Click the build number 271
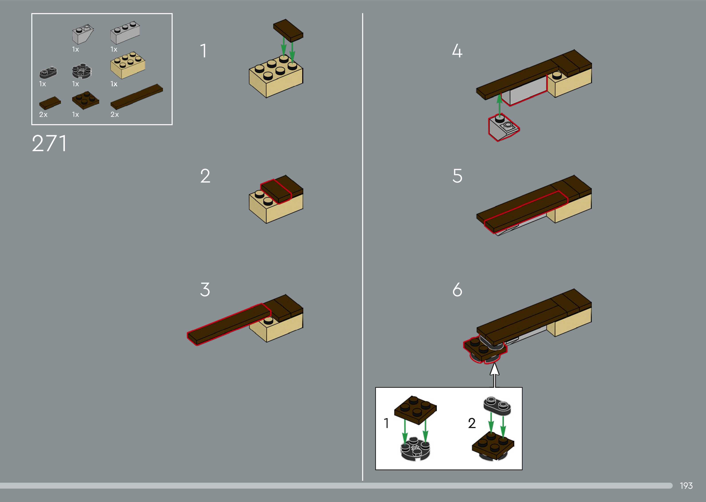(x=49, y=143)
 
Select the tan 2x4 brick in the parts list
(x=128, y=65)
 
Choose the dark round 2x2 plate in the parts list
(x=82, y=71)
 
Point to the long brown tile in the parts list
(x=137, y=97)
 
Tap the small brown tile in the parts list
(x=50, y=103)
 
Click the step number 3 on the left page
(x=205, y=290)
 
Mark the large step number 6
(x=457, y=290)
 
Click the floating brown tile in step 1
(x=288, y=30)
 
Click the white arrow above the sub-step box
(x=495, y=375)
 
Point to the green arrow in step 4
(x=499, y=106)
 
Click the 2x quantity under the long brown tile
(x=114, y=115)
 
